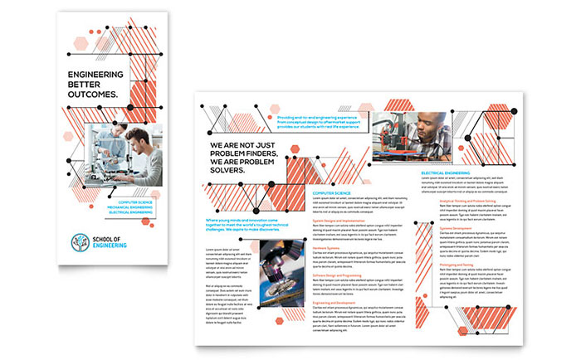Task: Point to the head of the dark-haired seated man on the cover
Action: coord(140,136)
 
